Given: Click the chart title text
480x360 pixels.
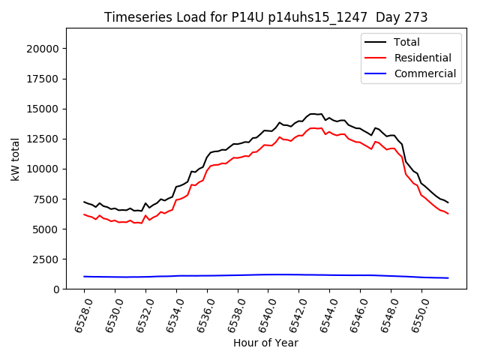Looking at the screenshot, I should coord(265,17).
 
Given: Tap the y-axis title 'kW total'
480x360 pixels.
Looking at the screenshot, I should coord(15,159).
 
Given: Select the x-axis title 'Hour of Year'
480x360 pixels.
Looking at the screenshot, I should coord(265,343).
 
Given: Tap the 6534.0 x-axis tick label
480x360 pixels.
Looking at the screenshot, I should coord(171,313).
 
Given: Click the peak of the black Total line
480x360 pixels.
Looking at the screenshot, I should coord(313,114).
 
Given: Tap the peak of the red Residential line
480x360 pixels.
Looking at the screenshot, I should coord(313,128).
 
